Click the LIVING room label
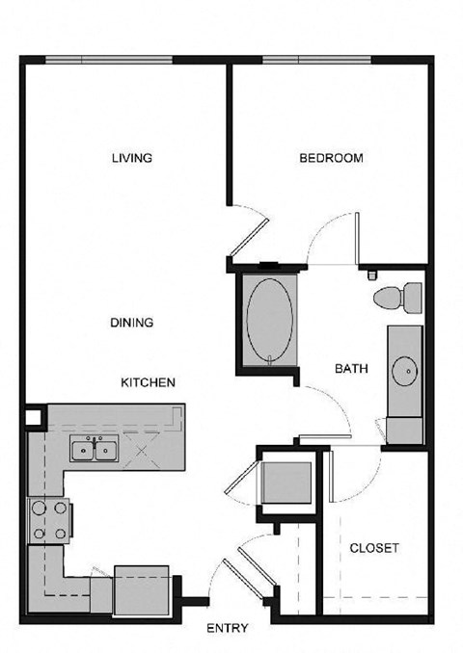132,158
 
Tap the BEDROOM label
331,158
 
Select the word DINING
132,323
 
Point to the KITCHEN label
148,382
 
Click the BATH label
349,368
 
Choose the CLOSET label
374,547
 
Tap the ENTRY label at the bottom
228,628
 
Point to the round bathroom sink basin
404,368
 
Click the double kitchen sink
94,450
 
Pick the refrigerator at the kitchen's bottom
141,589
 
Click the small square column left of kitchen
34,416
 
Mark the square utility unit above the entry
287,483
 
